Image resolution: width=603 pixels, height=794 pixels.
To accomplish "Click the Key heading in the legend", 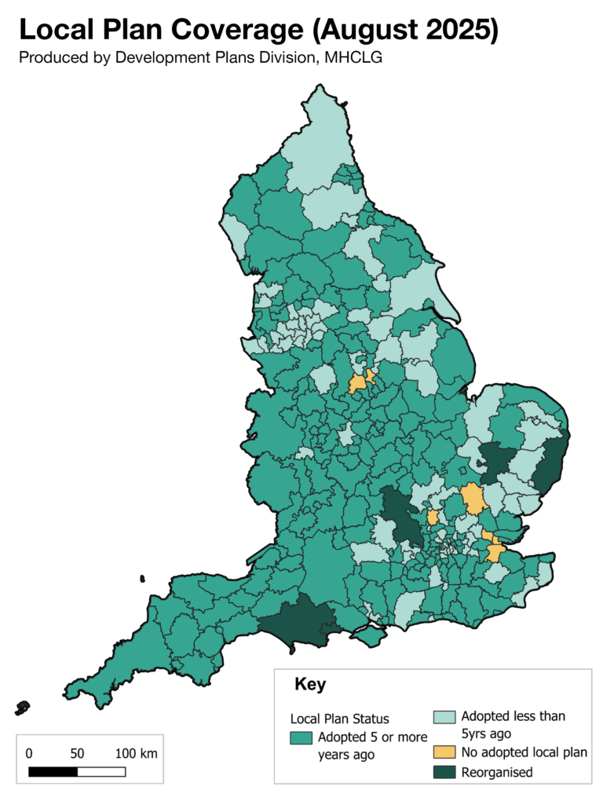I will click(310, 684).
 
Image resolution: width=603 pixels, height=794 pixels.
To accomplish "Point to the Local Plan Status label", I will click(340, 719).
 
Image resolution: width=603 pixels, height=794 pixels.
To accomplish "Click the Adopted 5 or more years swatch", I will click(301, 737).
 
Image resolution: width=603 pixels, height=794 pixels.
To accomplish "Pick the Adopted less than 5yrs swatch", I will click(444, 717).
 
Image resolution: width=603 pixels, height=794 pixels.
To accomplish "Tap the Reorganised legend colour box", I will click(444, 772).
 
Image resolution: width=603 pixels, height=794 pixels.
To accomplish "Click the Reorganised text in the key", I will click(496, 772).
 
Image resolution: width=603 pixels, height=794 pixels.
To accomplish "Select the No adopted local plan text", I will click(524, 752).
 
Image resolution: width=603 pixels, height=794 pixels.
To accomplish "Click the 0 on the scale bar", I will click(29, 753).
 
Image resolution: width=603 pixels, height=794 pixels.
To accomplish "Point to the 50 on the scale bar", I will click(77, 753).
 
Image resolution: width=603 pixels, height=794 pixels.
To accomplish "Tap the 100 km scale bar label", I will click(136, 753).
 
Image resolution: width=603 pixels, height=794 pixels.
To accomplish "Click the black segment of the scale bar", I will click(53, 771).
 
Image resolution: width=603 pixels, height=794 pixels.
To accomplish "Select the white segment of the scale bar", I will click(101, 771).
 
